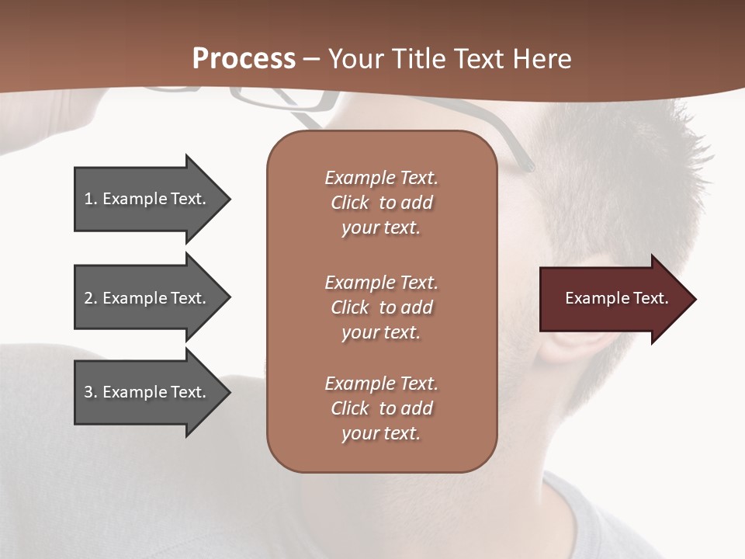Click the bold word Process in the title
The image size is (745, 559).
244,59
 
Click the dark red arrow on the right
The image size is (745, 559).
613,298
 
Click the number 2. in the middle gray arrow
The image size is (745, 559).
91,298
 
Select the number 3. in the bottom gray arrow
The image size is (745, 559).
91,392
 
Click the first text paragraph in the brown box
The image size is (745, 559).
381,203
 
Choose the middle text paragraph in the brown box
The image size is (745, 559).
381,307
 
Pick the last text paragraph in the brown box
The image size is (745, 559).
381,408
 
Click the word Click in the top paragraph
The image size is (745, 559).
350,203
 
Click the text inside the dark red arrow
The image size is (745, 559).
616,298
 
